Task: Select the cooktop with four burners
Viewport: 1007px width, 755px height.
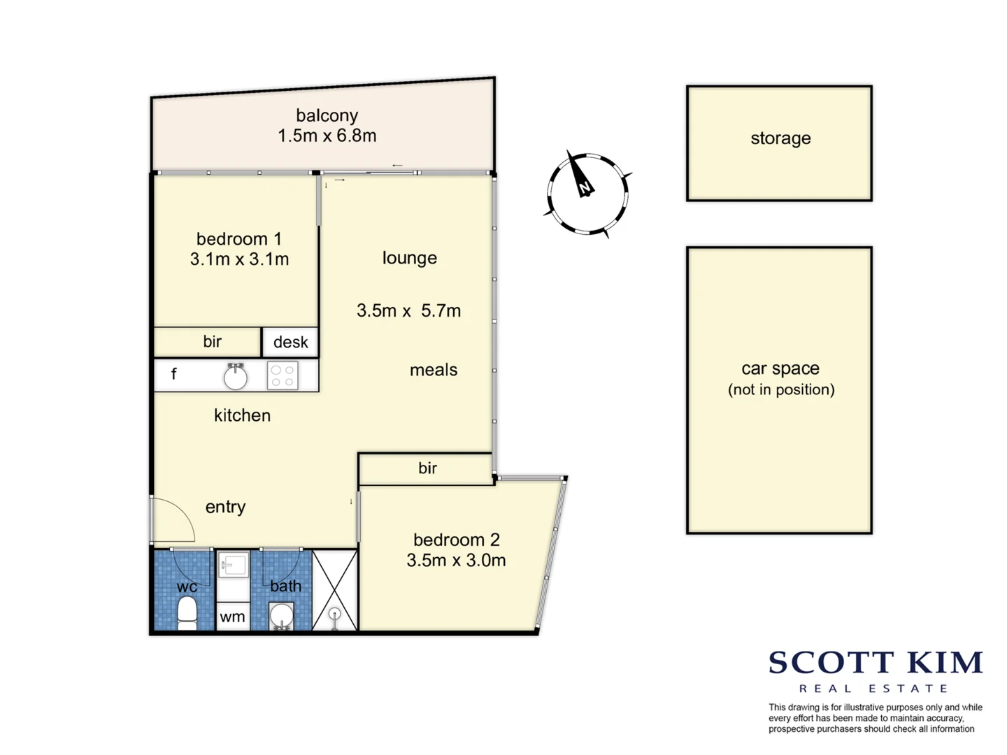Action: coord(283,375)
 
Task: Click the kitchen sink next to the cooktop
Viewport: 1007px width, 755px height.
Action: coord(236,376)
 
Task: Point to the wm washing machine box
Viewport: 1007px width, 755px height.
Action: coord(233,617)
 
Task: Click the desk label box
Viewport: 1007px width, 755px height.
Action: coord(290,343)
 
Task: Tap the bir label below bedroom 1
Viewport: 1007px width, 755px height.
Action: coord(212,342)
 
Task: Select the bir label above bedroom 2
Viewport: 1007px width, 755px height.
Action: coord(427,468)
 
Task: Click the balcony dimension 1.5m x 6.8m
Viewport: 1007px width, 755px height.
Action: coord(327,136)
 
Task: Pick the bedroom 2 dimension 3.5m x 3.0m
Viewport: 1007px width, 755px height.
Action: coord(456,560)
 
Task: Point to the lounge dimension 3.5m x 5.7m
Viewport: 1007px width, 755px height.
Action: coord(408,310)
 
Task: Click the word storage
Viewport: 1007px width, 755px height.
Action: coord(780,138)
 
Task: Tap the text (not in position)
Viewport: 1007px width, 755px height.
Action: coord(781,390)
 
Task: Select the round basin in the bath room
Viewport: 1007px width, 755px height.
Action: coord(282,616)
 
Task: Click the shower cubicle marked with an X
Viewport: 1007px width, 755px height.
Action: coord(335,590)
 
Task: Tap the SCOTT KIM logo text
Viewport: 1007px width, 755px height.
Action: coord(876,663)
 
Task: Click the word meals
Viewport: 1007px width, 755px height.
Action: coord(434,370)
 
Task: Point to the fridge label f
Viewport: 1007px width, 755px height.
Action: coord(174,374)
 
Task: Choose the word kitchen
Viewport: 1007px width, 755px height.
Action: coord(242,415)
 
